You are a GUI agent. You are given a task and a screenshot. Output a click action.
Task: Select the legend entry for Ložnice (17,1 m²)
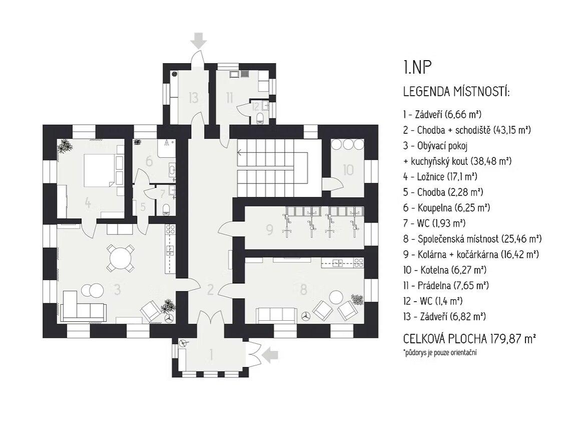coord(441,176)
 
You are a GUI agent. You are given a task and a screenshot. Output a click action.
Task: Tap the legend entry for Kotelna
coord(444,270)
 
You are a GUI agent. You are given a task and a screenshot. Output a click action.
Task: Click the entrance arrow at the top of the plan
coord(199,40)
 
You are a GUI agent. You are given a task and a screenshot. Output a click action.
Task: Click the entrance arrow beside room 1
coord(270,355)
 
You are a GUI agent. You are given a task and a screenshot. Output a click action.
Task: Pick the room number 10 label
coord(348,170)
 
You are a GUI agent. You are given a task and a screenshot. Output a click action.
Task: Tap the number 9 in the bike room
coord(270,230)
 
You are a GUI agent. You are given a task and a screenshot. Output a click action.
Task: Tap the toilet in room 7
coord(166,208)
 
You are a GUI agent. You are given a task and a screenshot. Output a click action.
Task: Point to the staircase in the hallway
coord(270,168)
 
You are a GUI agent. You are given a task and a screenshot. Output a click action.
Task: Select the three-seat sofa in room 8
coord(275,315)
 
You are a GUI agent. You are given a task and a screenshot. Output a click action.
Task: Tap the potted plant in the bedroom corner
coord(65,147)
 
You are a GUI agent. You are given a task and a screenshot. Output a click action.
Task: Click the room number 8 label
coord(302,289)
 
